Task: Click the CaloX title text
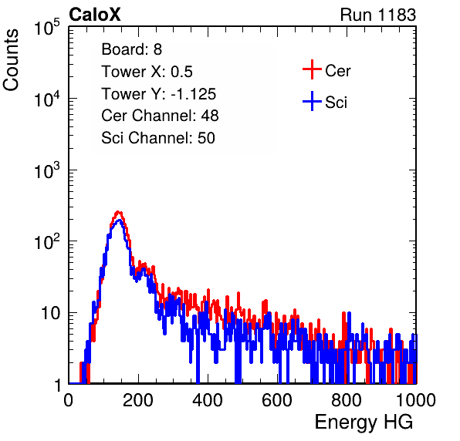(x=95, y=15)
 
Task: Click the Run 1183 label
(x=378, y=15)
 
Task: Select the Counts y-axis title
(x=11, y=60)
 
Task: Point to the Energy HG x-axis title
(x=364, y=422)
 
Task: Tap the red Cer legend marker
(x=312, y=69)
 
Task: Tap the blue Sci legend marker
(x=312, y=102)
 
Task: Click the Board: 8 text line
(x=132, y=49)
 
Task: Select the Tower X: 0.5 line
(x=147, y=72)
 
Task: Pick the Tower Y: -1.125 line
(x=159, y=94)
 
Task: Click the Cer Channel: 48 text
(x=161, y=116)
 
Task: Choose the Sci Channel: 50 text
(x=158, y=138)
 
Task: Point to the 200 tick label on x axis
(x=138, y=400)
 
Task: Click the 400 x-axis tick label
(x=208, y=400)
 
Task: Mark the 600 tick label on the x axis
(x=277, y=400)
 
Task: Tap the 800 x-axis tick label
(x=347, y=400)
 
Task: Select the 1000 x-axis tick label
(x=416, y=400)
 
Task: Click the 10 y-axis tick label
(x=51, y=313)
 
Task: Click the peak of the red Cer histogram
(x=118, y=211)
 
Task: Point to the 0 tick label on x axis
(x=69, y=400)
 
